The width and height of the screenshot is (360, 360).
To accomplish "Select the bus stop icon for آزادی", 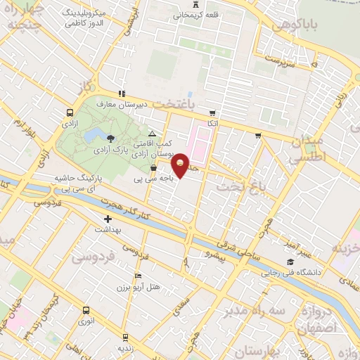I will tap(70, 112).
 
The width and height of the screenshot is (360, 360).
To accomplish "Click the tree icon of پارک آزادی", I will tap(111, 136).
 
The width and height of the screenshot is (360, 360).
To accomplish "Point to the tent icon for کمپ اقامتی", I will tap(152, 133).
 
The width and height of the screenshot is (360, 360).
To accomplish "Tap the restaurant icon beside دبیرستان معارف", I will tap(122, 93).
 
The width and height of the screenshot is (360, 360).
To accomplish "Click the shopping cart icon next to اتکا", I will tap(211, 112).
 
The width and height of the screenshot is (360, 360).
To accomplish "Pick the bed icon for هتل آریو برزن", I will tap(138, 275).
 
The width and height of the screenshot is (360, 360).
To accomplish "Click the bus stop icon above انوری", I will tap(86, 310).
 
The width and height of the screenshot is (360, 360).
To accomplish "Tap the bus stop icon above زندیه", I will tap(125, 337).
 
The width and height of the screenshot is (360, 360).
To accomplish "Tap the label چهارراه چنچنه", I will tap(27, 18).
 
